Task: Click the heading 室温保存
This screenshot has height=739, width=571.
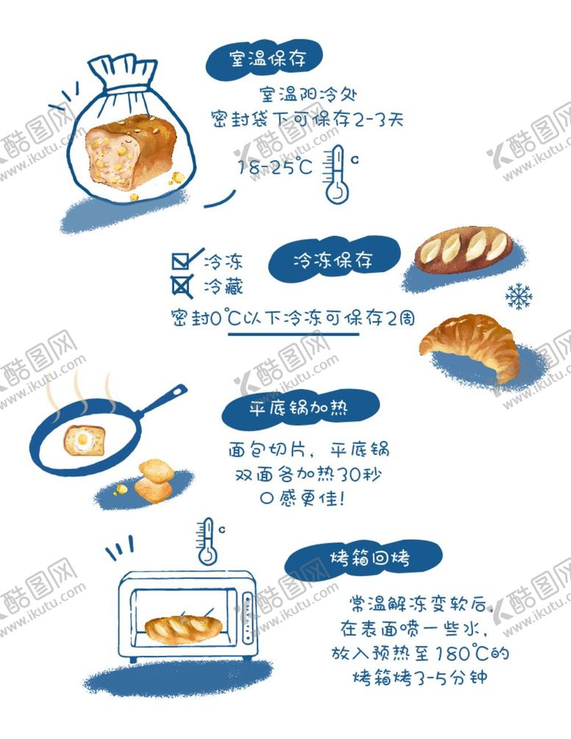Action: click(x=267, y=59)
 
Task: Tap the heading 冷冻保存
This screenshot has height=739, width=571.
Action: click(x=333, y=260)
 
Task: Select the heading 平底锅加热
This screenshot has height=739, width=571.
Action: click(x=298, y=407)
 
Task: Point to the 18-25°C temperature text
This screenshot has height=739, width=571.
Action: click(x=275, y=166)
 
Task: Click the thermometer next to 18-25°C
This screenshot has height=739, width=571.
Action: click(x=337, y=174)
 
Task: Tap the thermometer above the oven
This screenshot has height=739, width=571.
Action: click(x=207, y=541)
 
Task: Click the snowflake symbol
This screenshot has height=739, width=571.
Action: click(x=518, y=296)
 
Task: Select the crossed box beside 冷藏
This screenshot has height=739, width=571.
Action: click(x=182, y=285)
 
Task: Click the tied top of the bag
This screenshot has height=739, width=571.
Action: click(x=123, y=73)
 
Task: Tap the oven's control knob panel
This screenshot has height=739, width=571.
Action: click(x=248, y=618)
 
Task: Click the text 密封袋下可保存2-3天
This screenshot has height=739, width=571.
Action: click(x=307, y=119)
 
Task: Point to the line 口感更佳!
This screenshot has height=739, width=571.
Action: click(x=303, y=498)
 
